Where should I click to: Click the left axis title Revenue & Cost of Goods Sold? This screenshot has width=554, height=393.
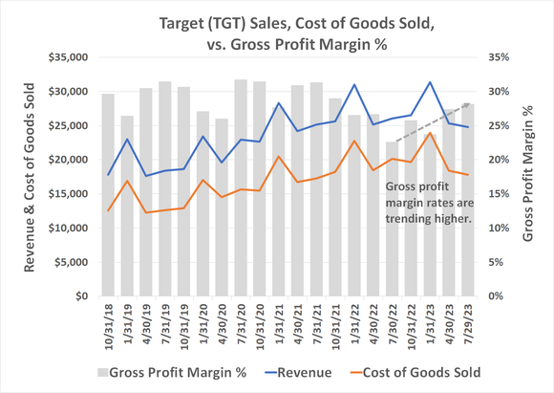30,177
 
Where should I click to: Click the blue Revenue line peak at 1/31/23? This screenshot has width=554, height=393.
431,83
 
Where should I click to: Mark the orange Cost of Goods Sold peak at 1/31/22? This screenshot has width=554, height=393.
354,142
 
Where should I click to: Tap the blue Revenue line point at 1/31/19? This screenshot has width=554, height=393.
127,140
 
